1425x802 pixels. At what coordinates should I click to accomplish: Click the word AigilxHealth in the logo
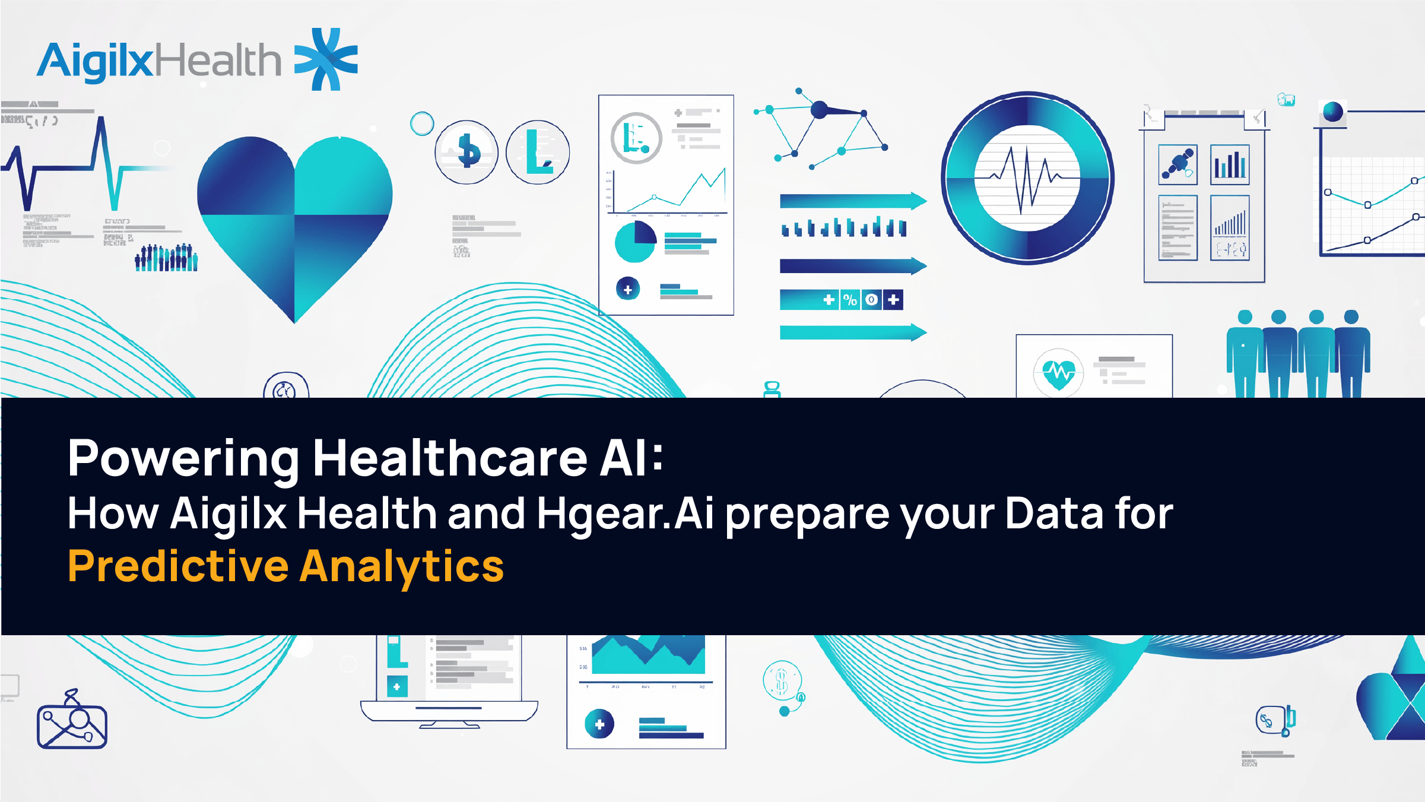click(159, 61)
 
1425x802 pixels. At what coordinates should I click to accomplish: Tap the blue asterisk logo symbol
click(326, 59)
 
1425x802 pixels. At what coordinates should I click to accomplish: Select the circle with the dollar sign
click(466, 152)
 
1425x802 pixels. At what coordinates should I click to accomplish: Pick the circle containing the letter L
click(538, 152)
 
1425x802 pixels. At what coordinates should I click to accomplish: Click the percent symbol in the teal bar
click(850, 300)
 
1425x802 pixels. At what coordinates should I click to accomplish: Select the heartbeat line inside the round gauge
click(1027, 178)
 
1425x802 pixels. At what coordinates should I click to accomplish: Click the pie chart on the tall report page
click(635, 242)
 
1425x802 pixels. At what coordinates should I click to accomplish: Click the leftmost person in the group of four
click(1245, 353)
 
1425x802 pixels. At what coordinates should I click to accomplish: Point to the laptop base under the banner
click(449, 711)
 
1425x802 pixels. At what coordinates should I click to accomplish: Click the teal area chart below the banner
click(648, 655)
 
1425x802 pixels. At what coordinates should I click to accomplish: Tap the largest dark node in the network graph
click(819, 110)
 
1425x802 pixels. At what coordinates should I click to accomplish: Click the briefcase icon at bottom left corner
click(72, 725)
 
